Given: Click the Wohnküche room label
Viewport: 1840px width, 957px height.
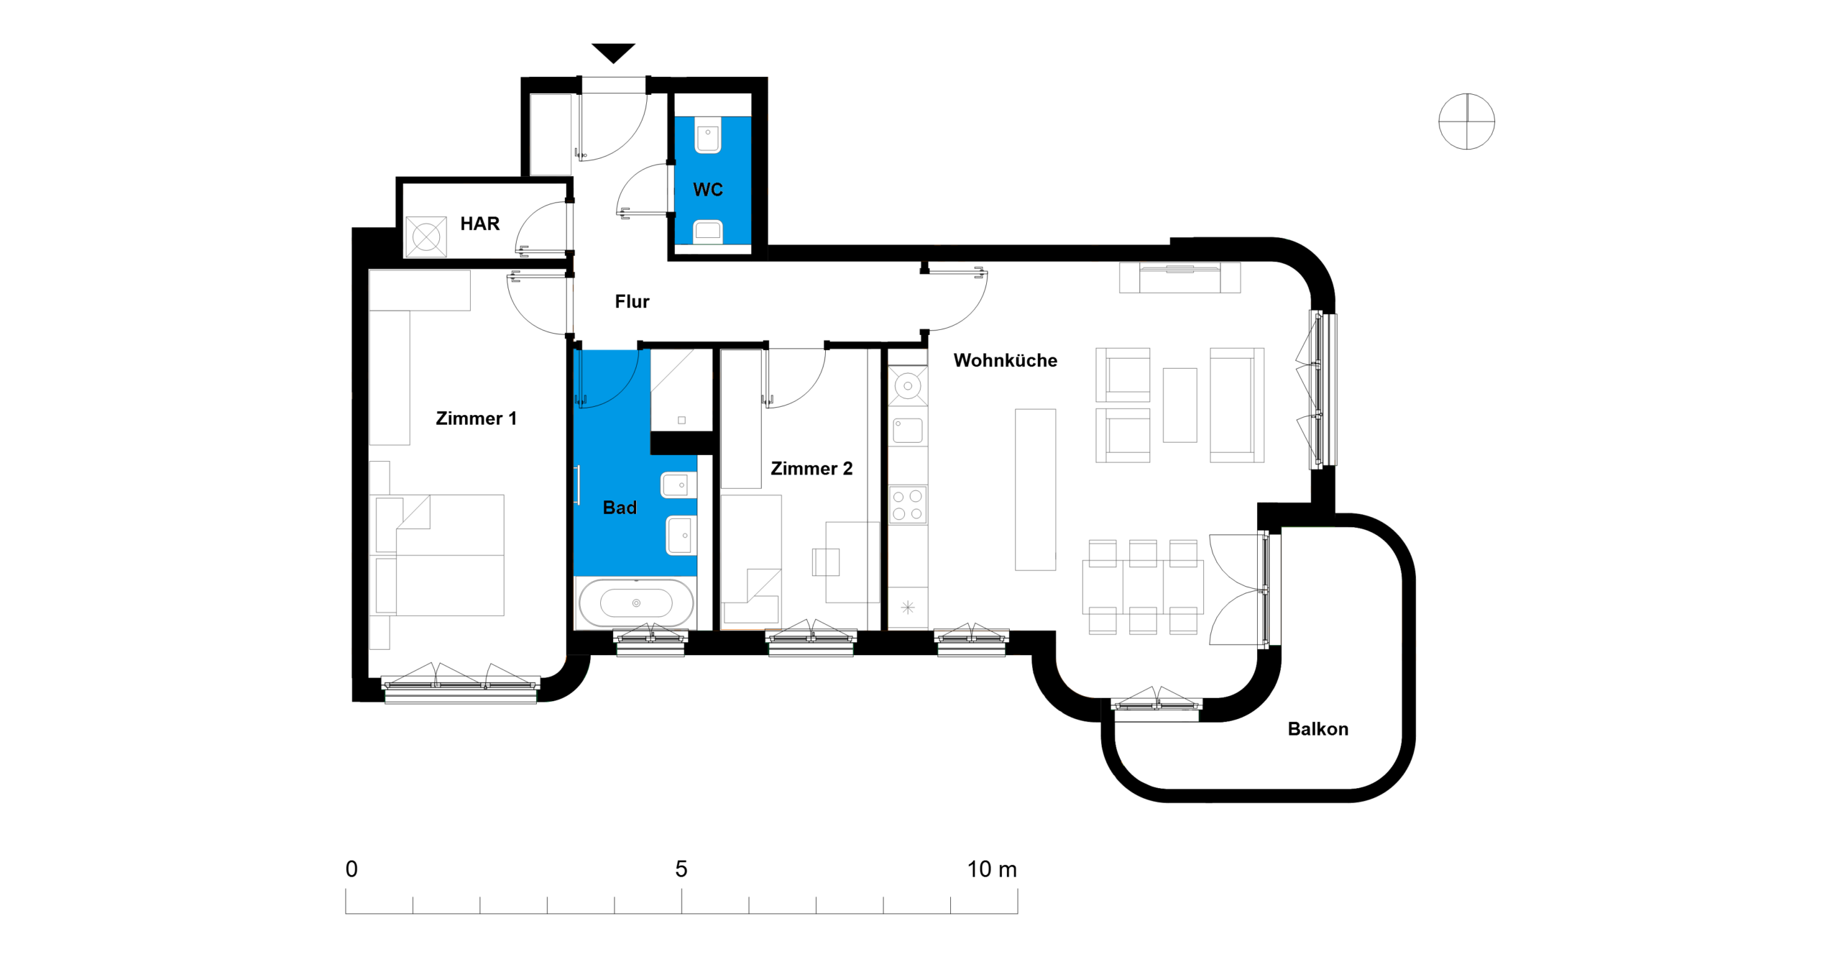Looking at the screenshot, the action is [x=1005, y=360].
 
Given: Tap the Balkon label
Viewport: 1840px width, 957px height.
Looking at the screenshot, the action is [x=1317, y=729].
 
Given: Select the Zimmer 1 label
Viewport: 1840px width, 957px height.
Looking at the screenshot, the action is [x=476, y=418].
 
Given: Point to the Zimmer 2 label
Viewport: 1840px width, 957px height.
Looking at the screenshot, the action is [x=811, y=469].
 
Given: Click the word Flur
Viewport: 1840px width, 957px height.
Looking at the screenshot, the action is [x=632, y=301].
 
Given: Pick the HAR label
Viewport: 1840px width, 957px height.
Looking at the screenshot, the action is [x=479, y=224].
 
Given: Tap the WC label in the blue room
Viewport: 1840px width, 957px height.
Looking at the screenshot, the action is [x=708, y=190].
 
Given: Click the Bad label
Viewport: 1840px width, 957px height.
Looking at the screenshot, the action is [x=620, y=508].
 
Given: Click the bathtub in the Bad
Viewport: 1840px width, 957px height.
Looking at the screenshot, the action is [x=636, y=603].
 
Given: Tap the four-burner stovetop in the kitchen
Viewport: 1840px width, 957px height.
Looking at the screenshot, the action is [x=907, y=505].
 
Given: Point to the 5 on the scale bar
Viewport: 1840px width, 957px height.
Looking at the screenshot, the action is [x=681, y=869].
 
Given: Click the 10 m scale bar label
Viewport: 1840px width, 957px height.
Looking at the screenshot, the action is [x=992, y=869].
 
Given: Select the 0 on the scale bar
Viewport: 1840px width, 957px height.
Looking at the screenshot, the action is [x=351, y=869].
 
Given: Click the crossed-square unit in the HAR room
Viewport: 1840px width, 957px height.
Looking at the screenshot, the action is [x=426, y=237].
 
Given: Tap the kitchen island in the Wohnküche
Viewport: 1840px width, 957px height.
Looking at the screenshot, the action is [x=1035, y=490].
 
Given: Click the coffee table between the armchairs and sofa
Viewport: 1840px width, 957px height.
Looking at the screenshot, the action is [x=1179, y=405].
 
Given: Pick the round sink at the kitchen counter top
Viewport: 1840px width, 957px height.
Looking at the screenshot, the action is [x=908, y=386].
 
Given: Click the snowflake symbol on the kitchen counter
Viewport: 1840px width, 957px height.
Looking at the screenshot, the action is [x=908, y=608].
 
